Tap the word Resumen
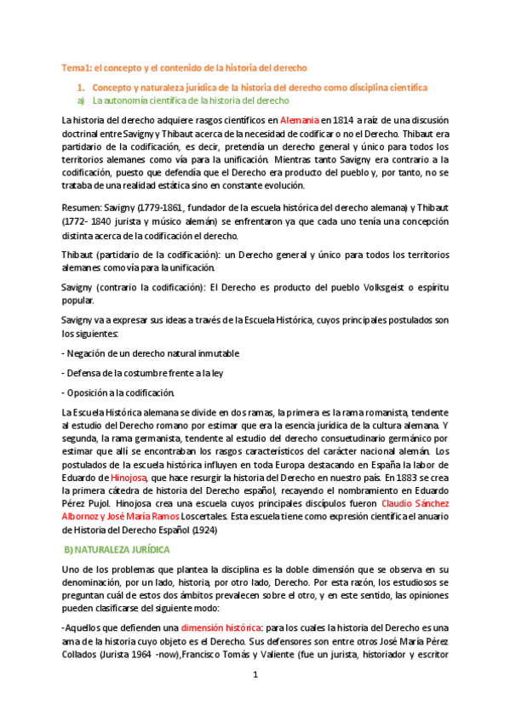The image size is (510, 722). [83, 208]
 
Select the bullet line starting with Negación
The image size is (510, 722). [151, 352]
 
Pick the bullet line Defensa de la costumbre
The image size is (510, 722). [139, 372]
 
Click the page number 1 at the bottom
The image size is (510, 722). [255, 697]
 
